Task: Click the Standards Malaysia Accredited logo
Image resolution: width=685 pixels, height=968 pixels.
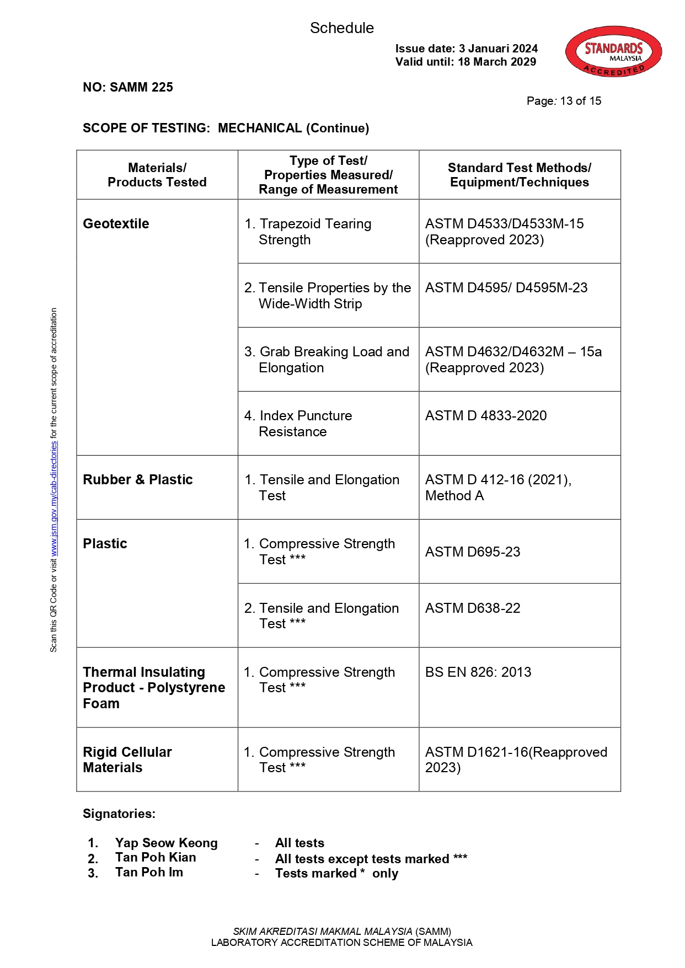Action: point(613,51)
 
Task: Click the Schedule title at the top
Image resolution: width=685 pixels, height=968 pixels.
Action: point(341,28)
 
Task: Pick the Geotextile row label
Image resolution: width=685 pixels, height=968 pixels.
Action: point(116,224)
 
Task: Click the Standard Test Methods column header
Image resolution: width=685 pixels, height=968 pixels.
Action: point(519,175)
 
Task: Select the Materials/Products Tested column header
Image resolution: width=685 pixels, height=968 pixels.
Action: point(157,175)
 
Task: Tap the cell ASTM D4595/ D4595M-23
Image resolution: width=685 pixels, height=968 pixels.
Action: point(506,288)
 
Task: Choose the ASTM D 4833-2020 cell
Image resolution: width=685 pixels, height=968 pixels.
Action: point(486,416)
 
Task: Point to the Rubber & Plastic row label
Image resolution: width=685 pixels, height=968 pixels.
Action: point(138,480)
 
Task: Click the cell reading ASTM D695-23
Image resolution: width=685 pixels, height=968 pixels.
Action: point(473,552)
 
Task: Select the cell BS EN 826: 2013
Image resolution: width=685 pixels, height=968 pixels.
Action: point(478,672)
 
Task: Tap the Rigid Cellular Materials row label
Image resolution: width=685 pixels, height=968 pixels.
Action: point(127,760)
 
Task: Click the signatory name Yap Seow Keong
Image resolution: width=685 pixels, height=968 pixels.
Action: point(166,843)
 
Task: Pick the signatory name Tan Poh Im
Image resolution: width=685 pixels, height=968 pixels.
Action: point(149,873)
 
